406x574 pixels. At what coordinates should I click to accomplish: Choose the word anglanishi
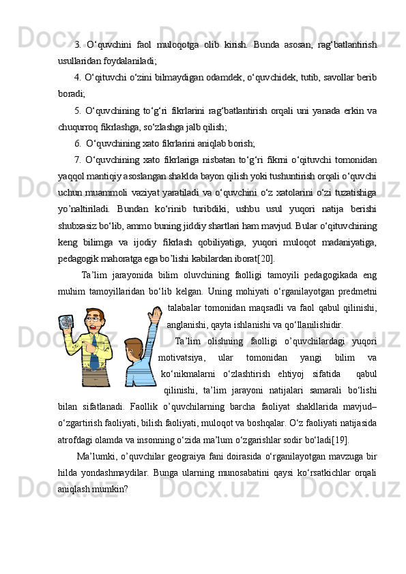190,324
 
